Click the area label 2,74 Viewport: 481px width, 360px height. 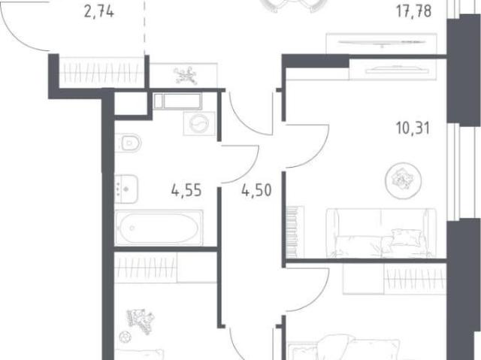point(99,12)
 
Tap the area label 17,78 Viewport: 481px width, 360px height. point(413,11)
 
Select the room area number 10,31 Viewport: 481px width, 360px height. point(413,128)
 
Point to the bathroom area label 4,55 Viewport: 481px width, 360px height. point(186,190)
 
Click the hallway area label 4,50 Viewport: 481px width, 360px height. point(256,190)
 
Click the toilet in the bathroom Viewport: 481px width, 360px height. point(129,143)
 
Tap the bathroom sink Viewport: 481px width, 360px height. point(126,189)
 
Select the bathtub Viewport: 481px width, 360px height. point(159,228)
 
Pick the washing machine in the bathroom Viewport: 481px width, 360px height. point(199,123)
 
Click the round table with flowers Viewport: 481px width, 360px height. point(404,180)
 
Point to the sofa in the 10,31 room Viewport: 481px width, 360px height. point(381,233)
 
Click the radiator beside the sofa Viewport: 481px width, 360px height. point(292,231)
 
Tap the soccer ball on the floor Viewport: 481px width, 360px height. point(125,337)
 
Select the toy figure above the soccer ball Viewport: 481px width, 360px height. point(141,321)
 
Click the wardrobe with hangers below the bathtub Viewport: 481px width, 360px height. point(146,267)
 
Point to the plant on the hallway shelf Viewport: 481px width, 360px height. point(185,75)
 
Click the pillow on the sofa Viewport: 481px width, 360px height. point(407,237)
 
